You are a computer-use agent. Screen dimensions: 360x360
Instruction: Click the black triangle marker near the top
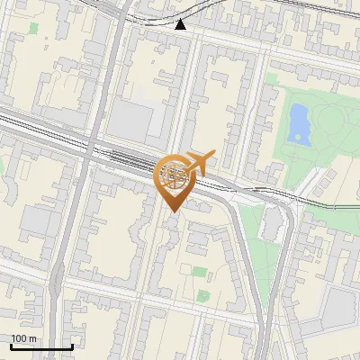tap(181, 24)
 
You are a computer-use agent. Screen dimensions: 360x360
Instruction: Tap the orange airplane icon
tap(196, 163)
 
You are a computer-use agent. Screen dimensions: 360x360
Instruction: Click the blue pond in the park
tap(299, 124)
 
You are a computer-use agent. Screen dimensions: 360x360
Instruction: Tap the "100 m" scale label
tap(24, 338)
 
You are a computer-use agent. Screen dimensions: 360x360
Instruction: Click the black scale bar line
tap(41, 346)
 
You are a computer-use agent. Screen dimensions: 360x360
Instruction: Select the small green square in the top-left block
tap(33, 28)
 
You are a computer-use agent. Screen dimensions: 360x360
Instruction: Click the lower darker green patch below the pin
tap(203, 294)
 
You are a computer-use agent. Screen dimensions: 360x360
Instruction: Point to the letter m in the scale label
tap(33, 338)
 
